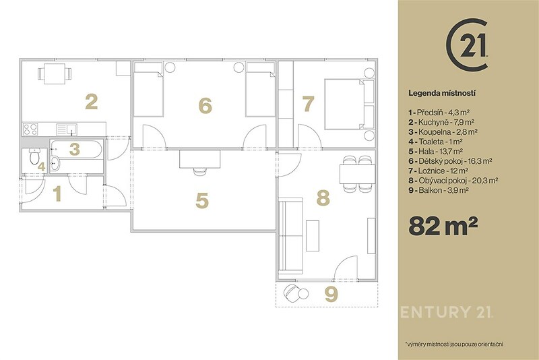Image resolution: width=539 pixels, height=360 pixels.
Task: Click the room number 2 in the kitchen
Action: point(92,102)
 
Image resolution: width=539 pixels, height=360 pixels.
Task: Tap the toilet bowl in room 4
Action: point(34,156)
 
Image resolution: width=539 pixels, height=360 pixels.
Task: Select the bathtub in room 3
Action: point(76,149)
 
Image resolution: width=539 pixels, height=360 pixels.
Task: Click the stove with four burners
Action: point(30,129)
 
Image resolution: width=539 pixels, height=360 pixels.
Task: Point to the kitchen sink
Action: point(67,129)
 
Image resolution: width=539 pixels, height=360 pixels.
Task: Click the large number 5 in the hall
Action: point(201,200)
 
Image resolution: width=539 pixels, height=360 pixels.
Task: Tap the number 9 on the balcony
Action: point(331,295)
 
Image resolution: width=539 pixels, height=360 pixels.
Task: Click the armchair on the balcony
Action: point(292,293)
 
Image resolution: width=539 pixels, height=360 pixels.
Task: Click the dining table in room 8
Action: point(357,174)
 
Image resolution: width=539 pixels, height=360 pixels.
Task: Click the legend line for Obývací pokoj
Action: point(453,180)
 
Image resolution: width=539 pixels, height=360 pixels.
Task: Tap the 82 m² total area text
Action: point(443,226)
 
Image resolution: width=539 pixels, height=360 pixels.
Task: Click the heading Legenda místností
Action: point(442,93)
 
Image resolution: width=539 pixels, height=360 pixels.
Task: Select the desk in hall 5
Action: point(199,159)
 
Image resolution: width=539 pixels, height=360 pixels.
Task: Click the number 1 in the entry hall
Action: point(57,193)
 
